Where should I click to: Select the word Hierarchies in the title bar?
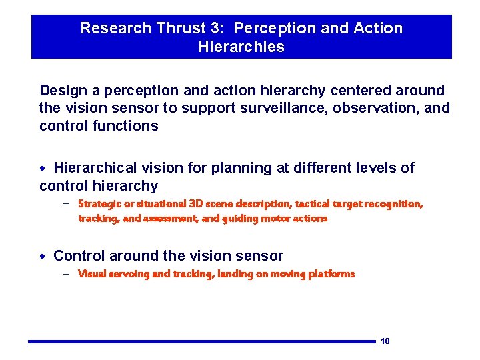click(241, 47)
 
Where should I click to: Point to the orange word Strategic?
click(99, 203)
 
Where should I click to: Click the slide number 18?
click(385, 341)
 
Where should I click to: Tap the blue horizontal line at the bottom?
click(200, 342)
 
